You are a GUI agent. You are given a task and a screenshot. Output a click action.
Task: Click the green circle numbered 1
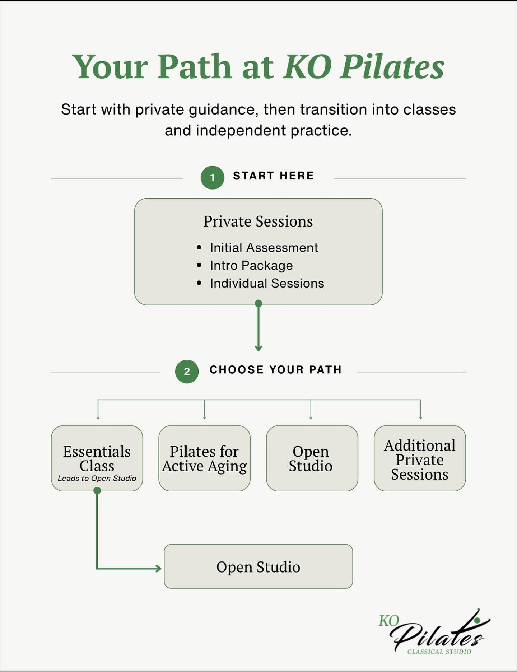(212, 177)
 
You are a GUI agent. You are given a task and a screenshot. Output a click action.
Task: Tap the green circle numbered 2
(187, 371)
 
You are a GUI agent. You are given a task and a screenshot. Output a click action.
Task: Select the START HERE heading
(273, 176)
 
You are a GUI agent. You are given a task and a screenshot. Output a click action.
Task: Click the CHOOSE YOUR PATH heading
(275, 370)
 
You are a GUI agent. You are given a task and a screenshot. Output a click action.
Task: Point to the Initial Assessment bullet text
(264, 248)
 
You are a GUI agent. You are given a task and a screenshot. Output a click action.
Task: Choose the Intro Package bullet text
(251, 266)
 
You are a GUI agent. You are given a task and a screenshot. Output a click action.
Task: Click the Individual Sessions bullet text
(267, 283)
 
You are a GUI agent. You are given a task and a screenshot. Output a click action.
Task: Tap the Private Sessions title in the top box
(258, 221)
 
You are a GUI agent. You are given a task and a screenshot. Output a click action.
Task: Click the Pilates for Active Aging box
(204, 458)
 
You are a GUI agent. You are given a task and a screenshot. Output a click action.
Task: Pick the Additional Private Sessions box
(420, 458)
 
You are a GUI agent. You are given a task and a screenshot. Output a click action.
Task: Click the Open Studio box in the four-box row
(311, 458)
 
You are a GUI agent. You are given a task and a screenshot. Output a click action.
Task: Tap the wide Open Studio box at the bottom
(258, 567)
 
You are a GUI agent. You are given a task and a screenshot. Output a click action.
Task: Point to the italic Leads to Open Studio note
(97, 479)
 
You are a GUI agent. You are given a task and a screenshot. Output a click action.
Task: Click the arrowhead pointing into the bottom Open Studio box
(158, 568)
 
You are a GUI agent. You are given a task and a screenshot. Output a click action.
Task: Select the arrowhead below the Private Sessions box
(258, 348)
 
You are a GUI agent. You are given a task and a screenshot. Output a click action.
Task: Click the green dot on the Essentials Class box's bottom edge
(97, 491)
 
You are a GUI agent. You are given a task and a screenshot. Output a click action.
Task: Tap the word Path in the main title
(195, 67)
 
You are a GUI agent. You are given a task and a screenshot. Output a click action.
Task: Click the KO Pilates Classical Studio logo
(434, 634)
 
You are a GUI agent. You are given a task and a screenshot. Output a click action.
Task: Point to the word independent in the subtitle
(241, 130)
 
